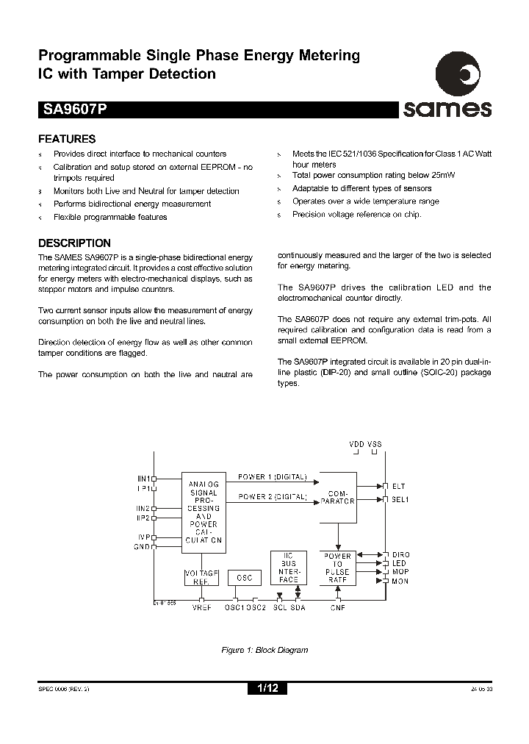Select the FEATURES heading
pos(66,139)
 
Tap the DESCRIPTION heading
pos(74,243)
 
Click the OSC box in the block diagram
pos(244,578)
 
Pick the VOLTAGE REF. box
pos(201,576)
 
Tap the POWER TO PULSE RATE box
pos(337,568)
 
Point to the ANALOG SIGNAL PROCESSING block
pos(204,512)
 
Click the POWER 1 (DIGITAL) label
pos(273,477)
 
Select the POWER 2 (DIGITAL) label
pos(273,497)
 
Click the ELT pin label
pos(398,486)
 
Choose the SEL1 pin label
pos(400,500)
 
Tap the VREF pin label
pos(201,607)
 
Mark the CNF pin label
pos(337,607)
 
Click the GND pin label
pos(143,546)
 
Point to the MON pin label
pos(400,581)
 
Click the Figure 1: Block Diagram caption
pos(264,650)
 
